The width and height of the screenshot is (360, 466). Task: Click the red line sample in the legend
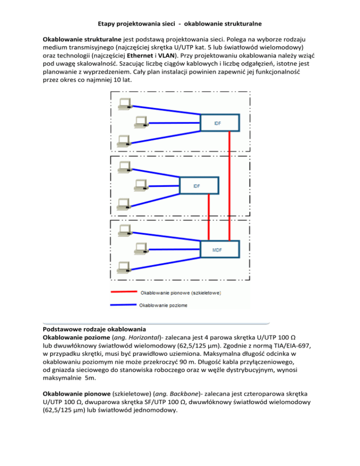pos(123,293)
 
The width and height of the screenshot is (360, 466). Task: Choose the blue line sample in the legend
pos(123,305)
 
